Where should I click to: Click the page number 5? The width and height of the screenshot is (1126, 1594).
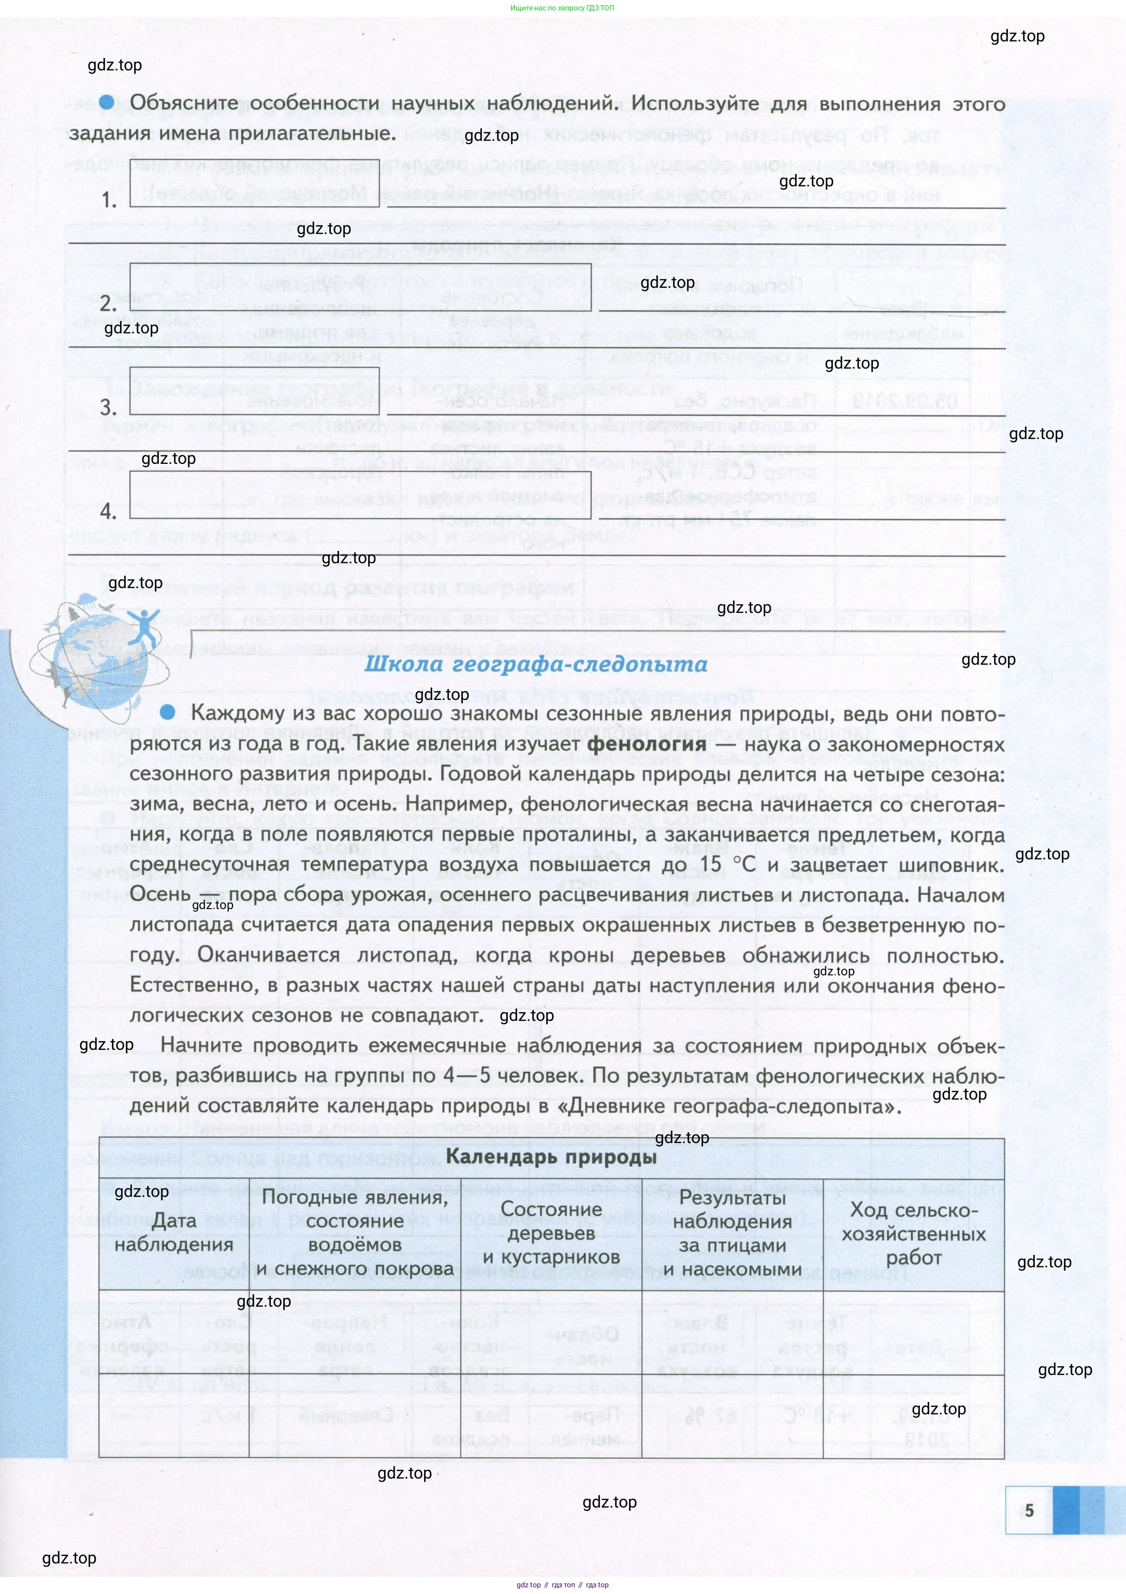point(1029,1510)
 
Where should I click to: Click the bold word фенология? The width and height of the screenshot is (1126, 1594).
point(646,744)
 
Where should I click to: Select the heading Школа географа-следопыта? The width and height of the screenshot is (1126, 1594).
point(536,664)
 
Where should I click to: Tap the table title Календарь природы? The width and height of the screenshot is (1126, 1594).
point(551,1156)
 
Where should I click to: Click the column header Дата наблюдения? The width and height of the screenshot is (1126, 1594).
point(173,1232)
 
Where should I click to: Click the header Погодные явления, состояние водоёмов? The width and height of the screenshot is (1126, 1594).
point(355,1232)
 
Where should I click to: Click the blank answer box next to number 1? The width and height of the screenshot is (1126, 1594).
point(254,183)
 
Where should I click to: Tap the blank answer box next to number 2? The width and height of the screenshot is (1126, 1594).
point(360,287)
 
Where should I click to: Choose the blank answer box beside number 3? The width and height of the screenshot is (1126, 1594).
point(254,391)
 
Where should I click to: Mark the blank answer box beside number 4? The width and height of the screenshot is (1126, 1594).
point(360,495)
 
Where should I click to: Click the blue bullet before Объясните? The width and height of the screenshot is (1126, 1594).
point(106,102)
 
